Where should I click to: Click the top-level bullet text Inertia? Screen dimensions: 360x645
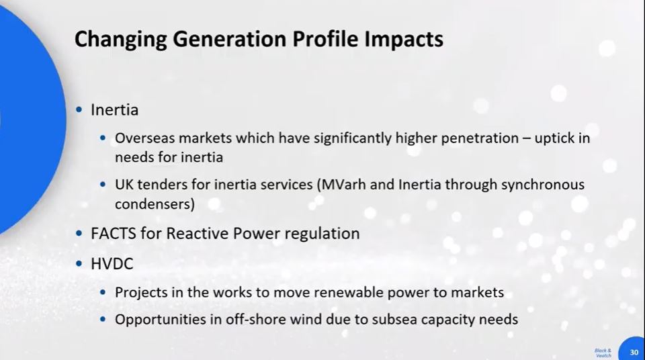point(114,109)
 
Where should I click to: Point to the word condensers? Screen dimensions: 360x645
point(153,204)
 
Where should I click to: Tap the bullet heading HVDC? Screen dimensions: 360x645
point(112,264)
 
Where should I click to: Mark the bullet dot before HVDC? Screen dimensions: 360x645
point(80,264)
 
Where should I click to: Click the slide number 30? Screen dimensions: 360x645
point(634,352)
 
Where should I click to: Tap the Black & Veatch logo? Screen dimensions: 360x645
point(603,353)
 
